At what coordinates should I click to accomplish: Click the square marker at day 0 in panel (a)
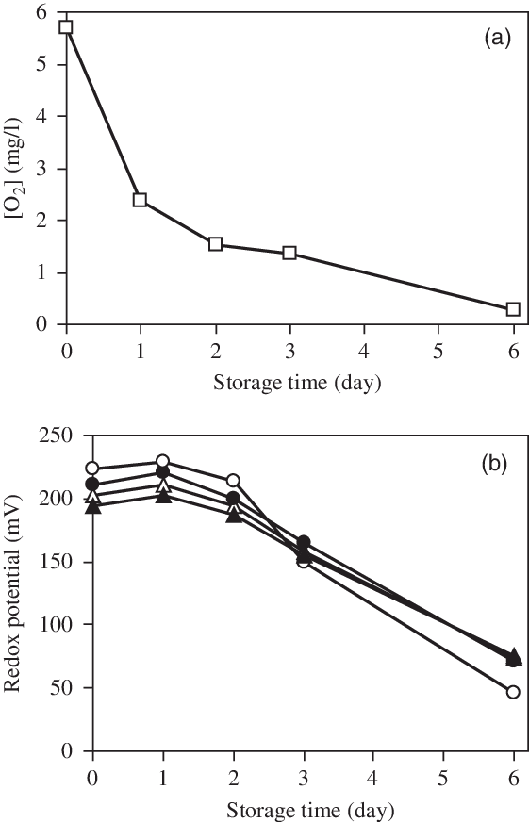(66, 26)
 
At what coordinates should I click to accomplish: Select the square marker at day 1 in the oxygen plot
(140, 200)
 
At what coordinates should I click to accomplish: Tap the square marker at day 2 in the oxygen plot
(215, 244)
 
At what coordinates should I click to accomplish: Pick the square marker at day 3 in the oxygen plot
(289, 253)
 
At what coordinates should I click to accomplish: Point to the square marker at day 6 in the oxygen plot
(513, 309)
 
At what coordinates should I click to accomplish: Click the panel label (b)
(496, 464)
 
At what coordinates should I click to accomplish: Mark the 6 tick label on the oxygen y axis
(40, 13)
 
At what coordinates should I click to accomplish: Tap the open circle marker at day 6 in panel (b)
(513, 692)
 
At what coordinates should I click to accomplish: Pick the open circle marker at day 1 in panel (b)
(162, 461)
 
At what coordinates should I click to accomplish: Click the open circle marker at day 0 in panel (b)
(92, 469)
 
